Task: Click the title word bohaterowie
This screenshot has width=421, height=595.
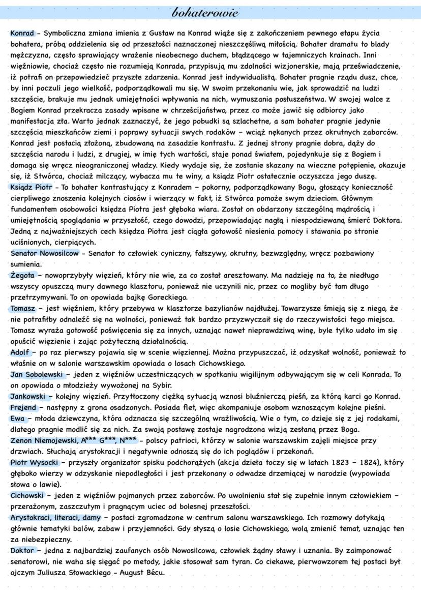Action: tap(211, 12)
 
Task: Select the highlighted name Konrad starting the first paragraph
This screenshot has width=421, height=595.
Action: tap(21, 33)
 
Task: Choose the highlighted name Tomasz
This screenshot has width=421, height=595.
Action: tap(22, 308)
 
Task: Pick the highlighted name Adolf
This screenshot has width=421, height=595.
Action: tap(20, 352)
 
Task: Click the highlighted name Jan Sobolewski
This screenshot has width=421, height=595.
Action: tap(36, 374)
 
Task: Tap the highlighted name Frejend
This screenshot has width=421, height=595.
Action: tap(23, 407)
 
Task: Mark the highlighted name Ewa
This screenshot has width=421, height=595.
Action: tap(17, 419)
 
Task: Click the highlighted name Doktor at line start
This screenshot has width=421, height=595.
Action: tap(22, 550)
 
